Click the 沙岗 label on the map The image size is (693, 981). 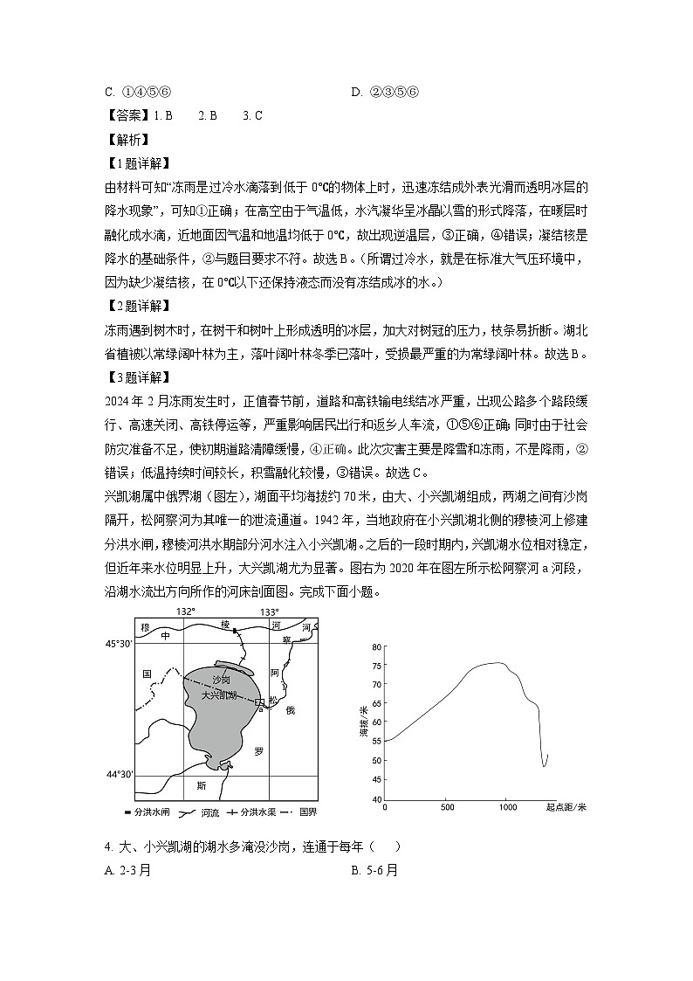tap(221, 679)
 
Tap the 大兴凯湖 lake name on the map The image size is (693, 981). tap(219, 694)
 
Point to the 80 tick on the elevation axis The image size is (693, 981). tap(376, 646)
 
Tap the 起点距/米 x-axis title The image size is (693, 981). tap(565, 807)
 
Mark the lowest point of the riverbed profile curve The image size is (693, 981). tap(544, 766)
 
